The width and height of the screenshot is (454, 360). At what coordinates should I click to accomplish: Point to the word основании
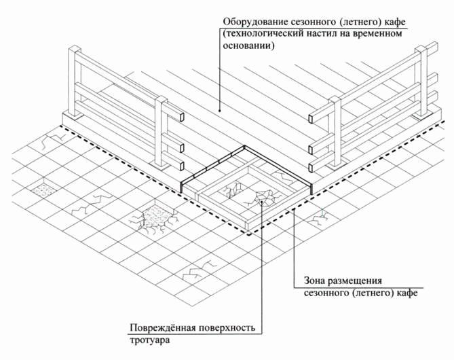tap(245, 47)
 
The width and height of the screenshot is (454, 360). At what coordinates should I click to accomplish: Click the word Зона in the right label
tap(307, 281)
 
